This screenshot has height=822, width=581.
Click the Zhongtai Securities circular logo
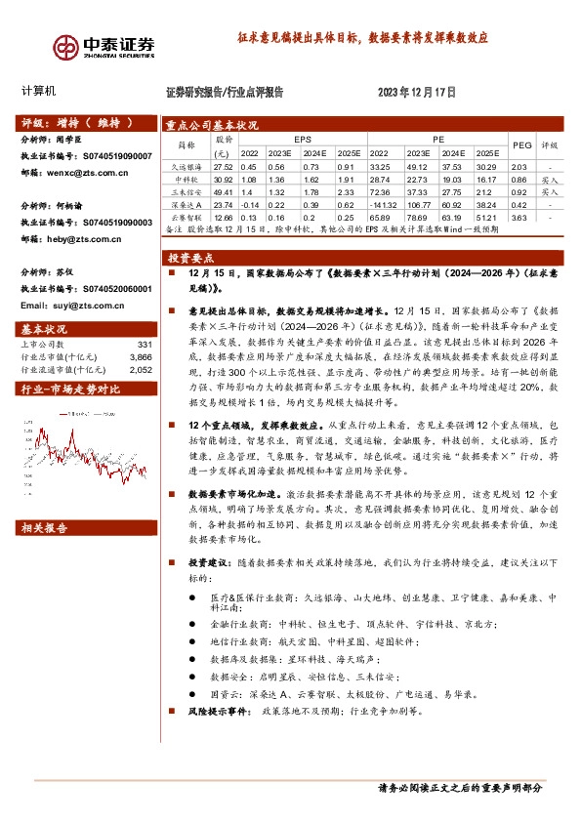coord(67,47)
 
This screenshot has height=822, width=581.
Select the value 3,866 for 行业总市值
coord(142,357)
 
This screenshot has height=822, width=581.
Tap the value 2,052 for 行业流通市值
coord(142,370)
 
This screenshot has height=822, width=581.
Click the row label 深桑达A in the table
coord(186,206)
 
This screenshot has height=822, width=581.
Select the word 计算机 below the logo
coord(39,91)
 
